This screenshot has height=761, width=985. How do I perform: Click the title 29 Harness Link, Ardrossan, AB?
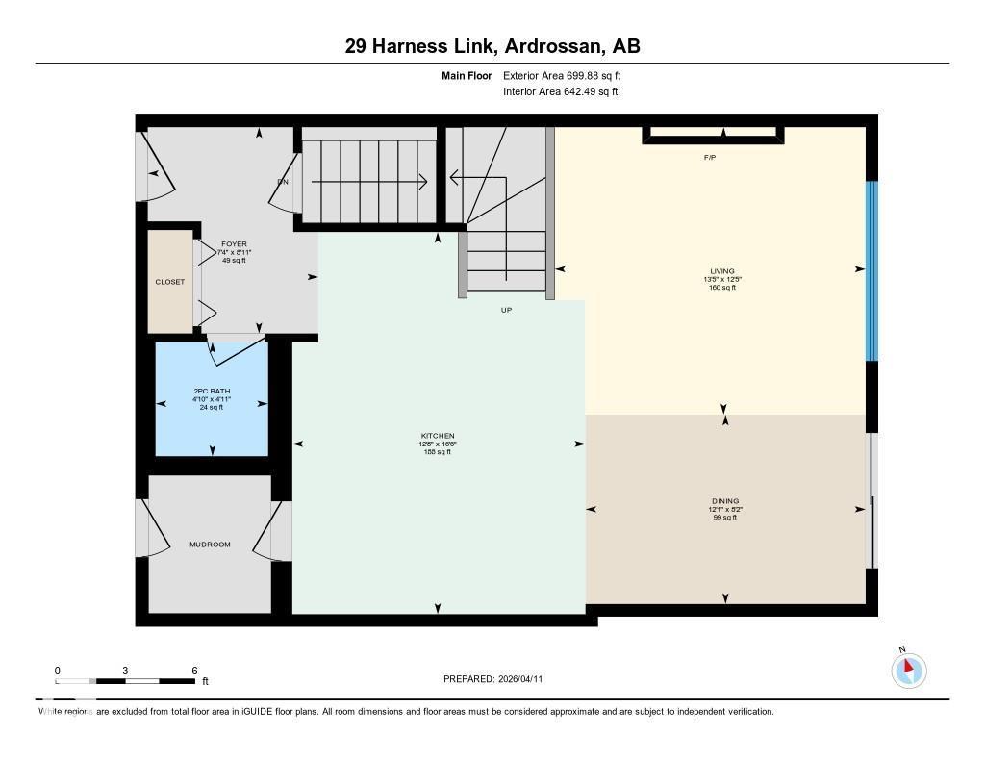(492, 46)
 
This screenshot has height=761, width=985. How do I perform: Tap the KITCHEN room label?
(438, 436)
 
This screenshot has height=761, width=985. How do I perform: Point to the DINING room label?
(725, 501)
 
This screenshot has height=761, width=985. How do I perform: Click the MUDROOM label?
(210, 545)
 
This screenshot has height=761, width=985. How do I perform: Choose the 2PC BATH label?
(212, 391)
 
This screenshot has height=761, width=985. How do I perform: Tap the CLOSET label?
(170, 282)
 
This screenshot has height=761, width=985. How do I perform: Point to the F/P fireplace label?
(710, 156)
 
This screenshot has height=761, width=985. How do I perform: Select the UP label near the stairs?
(506, 310)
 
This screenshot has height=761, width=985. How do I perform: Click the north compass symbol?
(908, 670)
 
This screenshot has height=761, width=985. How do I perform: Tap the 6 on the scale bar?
(194, 671)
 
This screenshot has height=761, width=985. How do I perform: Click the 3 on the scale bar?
(125, 671)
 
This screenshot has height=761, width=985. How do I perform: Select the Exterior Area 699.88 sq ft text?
(568, 75)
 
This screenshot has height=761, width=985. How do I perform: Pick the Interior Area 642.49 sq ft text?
(560, 92)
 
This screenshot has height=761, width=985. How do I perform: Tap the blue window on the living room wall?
(871, 270)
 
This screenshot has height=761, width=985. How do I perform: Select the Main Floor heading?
(467, 75)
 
